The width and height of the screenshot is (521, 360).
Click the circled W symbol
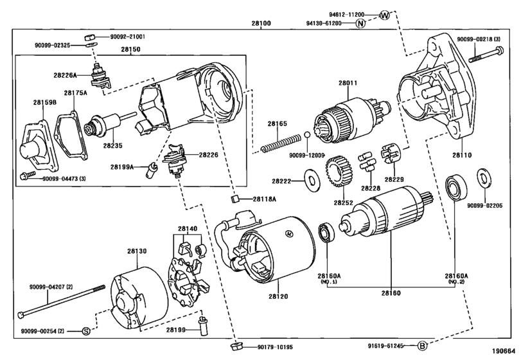[384, 15]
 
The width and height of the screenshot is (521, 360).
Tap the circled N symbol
[360, 23]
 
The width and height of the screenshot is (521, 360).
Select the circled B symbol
[422, 346]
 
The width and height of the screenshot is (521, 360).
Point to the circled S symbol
[86, 331]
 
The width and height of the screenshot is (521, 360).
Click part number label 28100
[261, 23]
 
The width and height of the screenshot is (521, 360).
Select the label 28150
[130, 50]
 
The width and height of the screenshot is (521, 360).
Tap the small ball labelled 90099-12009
[307, 134]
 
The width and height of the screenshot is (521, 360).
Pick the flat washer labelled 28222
[313, 181]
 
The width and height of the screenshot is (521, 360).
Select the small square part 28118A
[235, 199]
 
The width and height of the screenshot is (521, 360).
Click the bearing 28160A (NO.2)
[455, 188]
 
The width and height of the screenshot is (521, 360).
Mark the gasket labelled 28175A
[71, 134]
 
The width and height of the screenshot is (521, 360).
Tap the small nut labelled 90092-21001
[91, 37]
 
